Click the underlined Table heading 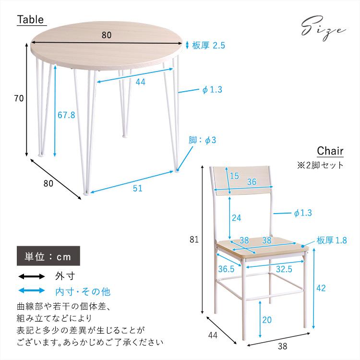[31, 20]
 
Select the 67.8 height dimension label [66, 115]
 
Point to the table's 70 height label [19, 98]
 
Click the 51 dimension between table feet [137, 188]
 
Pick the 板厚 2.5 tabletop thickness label [208, 46]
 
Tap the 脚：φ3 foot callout [202, 140]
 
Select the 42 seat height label [321, 288]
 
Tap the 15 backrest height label [234, 176]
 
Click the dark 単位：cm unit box [46, 256]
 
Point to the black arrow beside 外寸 [31, 276]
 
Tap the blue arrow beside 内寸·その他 [31, 291]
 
